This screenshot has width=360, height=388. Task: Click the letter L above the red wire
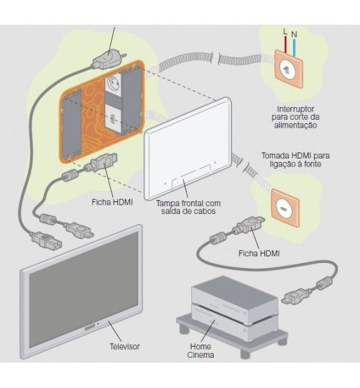(x=285, y=31)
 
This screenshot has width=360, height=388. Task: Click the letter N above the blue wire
(x=294, y=34)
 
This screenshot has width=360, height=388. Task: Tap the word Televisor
(x=124, y=347)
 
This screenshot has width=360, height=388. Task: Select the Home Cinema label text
(x=201, y=351)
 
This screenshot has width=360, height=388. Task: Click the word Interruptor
(x=296, y=109)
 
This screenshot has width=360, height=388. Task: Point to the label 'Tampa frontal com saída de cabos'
(x=188, y=207)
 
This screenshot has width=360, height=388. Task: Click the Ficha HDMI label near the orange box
(x=112, y=202)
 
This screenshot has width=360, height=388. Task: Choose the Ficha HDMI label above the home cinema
(x=259, y=254)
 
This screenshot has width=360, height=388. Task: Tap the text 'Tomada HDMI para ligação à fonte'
(x=295, y=160)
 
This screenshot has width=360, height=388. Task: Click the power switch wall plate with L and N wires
(x=289, y=68)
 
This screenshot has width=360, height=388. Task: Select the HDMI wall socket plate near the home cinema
(x=286, y=208)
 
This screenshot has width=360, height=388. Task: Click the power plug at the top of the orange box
(x=108, y=59)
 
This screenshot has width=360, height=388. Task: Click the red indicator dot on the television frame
(x=98, y=323)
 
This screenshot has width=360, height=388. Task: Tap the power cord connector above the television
(x=46, y=239)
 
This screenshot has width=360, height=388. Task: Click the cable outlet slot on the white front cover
(x=191, y=176)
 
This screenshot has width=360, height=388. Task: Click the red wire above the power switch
(x=286, y=45)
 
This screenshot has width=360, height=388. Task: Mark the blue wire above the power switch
(x=294, y=47)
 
